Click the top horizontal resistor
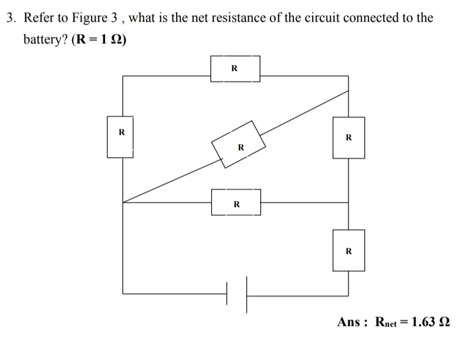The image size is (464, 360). pos(235,69)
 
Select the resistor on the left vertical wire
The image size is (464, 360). pos(121,137)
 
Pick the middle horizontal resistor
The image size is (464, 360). pos(236,202)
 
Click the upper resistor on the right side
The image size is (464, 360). pos(348,138)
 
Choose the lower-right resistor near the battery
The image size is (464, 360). pos(348,250)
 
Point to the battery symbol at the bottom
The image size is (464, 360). pos(236,293)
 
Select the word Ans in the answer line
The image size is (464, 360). pos(350,322)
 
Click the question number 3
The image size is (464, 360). pos(10,18)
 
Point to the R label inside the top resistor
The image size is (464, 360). pos(235,68)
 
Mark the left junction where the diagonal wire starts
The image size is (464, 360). pos(123,202)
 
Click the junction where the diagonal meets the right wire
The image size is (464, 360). pos(349,91)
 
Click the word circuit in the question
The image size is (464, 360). pos(309,18)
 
